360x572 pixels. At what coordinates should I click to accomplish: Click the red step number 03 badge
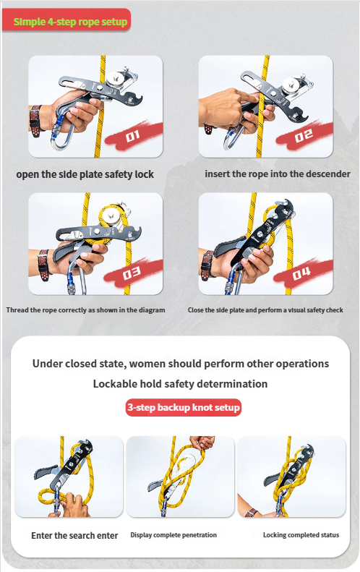pyautogui.click(x=132, y=273)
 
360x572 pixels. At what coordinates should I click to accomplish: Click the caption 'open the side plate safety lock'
pyautogui.click(x=85, y=175)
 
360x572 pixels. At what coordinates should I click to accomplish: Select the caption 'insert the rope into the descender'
pyautogui.click(x=278, y=174)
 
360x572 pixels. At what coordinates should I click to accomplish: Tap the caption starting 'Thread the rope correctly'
pyautogui.click(x=85, y=310)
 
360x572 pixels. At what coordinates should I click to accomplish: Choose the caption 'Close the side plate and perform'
pyautogui.click(x=265, y=310)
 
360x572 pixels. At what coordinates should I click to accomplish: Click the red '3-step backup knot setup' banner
pyautogui.click(x=184, y=408)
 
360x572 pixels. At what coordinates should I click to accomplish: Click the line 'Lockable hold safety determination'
pyautogui.click(x=180, y=384)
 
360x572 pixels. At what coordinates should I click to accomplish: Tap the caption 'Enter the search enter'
pyautogui.click(x=74, y=536)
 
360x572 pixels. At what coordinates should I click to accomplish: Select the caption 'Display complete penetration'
pyautogui.click(x=173, y=535)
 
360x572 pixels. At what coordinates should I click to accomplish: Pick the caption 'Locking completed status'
pyautogui.click(x=301, y=535)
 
